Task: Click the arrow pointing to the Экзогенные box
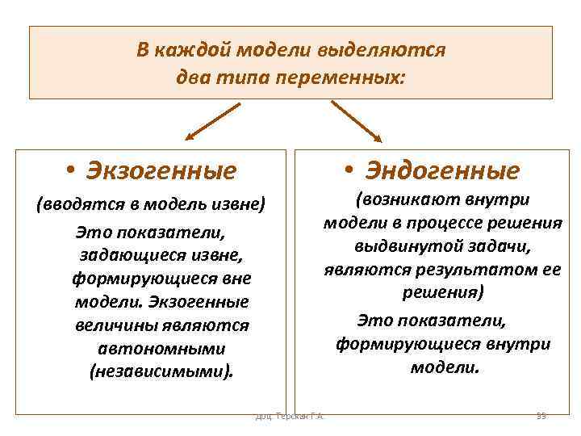pyautogui.click(x=212, y=120)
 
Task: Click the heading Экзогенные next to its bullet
pyautogui.click(x=161, y=171)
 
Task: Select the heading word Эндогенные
pyautogui.click(x=441, y=170)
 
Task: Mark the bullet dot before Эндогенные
pyautogui.click(x=348, y=170)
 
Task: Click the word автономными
pyautogui.click(x=161, y=349)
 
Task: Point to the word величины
pyautogui.click(x=106, y=326)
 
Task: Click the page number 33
pyautogui.click(x=541, y=416)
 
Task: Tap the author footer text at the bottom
pyautogui.click(x=290, y=416)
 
